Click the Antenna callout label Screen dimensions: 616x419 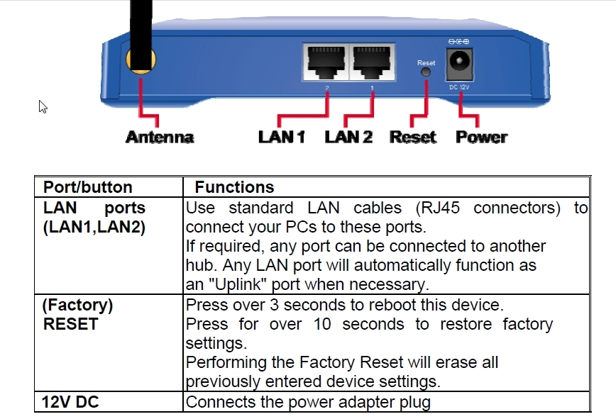pos(160,138)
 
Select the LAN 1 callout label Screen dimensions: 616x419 pos(282,138)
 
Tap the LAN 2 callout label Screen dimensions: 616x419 pos(348,138)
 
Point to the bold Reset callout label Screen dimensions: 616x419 pos(412,138)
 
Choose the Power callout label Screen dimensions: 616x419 pos(482,138)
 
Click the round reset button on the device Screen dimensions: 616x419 pos(426,72)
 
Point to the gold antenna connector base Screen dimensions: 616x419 pos(141,61)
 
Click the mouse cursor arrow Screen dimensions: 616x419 pos(43,106)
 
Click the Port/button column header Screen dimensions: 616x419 pos(87,187)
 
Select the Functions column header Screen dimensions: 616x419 pos(234,187)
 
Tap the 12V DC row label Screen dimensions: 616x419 pos(70,402)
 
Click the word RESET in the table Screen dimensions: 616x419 pos(71,324)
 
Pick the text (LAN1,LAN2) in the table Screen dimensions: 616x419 pos(94,227)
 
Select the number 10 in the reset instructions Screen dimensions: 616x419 pos(322,325)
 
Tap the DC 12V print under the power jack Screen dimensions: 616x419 pos(459,87)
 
